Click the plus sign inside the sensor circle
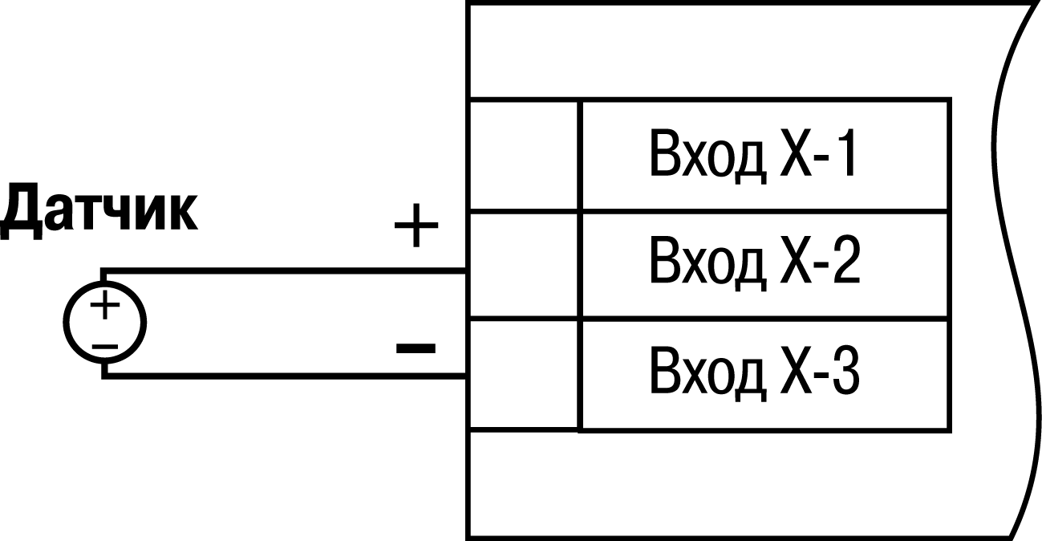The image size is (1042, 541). click(x=104, y=306)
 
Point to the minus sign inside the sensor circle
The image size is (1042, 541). click(x=104, y=345)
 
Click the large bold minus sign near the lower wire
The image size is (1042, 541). click(x=416, y=348)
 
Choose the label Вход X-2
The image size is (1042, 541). click(x=754, y=264)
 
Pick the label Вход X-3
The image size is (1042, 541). click(x=754, y=374)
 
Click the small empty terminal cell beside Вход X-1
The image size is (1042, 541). click(x=522, y=155)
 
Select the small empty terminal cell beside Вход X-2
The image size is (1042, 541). click(x=522, y=265)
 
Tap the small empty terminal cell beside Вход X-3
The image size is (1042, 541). click(x=522, y=375)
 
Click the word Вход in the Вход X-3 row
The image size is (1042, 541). click(x=706, y=374)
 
